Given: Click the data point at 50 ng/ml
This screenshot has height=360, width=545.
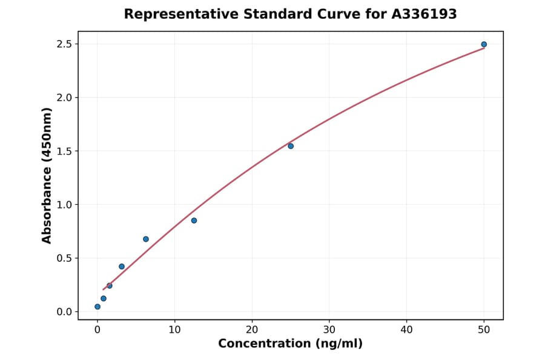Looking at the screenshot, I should [484, 44].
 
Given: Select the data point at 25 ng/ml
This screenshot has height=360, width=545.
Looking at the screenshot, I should [291, 146].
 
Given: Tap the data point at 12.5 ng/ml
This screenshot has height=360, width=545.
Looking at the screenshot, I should [194, 221].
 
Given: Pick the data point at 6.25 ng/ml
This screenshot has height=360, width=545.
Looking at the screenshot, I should [146, 239].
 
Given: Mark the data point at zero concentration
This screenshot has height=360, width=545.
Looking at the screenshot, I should [97, 307].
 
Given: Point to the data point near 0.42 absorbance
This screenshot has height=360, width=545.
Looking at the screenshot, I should [122, 267].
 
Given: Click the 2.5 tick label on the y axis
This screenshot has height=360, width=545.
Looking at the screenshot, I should [64, 44].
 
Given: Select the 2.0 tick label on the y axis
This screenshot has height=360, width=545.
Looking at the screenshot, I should [64, 98].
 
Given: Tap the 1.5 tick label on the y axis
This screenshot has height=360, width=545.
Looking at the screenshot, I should [64, 151].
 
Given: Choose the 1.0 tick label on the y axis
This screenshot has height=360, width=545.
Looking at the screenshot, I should [64, 205].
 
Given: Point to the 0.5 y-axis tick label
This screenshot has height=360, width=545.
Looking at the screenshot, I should [64, 258].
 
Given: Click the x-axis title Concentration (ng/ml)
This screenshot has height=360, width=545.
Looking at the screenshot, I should [290, 344].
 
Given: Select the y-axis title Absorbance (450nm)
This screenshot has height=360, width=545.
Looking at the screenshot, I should [47, 176].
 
